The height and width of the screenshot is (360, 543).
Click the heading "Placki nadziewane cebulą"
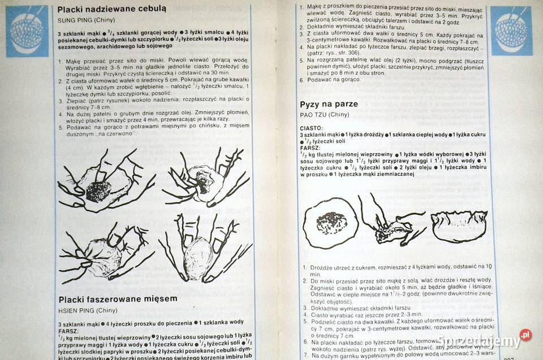pos(112,9)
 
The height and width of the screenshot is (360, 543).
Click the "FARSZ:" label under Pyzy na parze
pos(310,148)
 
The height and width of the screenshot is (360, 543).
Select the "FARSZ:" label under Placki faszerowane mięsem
pos(68,330)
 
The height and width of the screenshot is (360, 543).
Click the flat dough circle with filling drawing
pos(329,223)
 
